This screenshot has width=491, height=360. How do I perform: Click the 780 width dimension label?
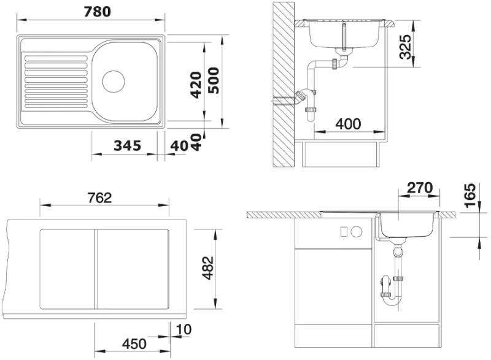click(x=98, y=12)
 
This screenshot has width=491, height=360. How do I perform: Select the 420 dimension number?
click(x=196, y=85)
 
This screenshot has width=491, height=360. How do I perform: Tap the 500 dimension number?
click(x=214, y=80)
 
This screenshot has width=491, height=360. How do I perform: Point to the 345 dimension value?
click(x=128, y=145)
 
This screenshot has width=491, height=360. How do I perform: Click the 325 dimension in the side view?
click(x=406, y=47)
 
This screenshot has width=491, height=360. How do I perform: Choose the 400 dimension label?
click(x=348, y=124)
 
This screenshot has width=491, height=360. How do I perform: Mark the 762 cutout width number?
click(x=99, y=197)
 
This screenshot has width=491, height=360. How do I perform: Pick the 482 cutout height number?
click(x=208, y=268)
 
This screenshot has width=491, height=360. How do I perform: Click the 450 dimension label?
click(x=134, y=344)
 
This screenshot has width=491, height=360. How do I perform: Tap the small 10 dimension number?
click(x=184, y=329)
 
